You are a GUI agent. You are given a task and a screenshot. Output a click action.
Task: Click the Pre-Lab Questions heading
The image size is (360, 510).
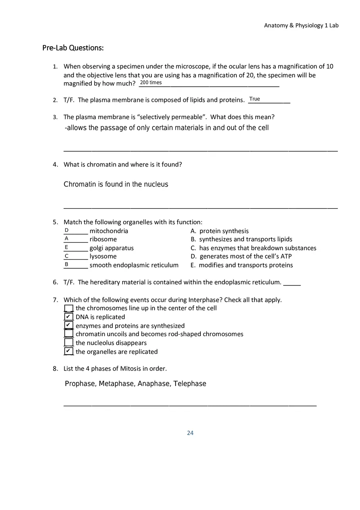[73, 48]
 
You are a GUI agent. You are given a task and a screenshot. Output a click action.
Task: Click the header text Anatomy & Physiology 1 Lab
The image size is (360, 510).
[301, 25]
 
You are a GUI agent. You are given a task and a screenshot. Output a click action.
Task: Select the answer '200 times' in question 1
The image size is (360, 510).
[151, 83]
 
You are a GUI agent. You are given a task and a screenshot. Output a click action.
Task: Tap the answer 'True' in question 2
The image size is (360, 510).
[254, 99]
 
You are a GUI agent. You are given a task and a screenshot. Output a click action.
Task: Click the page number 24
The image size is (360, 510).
[190, 433]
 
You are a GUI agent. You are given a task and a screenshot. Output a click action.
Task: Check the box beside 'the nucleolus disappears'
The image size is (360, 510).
[69, 343]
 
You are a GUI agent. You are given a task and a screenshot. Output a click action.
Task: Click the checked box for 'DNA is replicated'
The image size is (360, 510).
[69, 317]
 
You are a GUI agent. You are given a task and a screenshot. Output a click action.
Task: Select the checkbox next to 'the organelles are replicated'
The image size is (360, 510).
[69, 351]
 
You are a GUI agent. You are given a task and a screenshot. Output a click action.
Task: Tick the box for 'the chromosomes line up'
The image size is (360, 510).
[69, 308]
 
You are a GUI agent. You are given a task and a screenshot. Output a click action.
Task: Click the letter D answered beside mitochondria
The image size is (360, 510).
[66, 230]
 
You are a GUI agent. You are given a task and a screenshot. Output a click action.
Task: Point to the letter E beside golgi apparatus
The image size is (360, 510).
[66, 247]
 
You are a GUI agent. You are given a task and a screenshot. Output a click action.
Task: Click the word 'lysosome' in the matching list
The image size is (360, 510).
[103, 256]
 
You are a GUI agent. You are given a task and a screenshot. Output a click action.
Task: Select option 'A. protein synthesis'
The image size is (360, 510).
[220, 231]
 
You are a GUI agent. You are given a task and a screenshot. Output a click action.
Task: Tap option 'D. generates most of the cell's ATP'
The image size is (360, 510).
[241, 256]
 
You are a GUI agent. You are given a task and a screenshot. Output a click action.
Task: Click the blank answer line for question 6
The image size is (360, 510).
[292, 283]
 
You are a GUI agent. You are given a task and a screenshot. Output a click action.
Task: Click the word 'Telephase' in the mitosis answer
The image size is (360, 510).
[190, 384]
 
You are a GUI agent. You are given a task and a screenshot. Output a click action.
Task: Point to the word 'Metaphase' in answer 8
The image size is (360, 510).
[116, 384]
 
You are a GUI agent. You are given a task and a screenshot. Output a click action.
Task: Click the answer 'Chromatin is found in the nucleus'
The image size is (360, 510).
[116, 184]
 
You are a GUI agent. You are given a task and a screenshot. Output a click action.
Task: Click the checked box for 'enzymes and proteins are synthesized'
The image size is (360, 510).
[69, 326]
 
